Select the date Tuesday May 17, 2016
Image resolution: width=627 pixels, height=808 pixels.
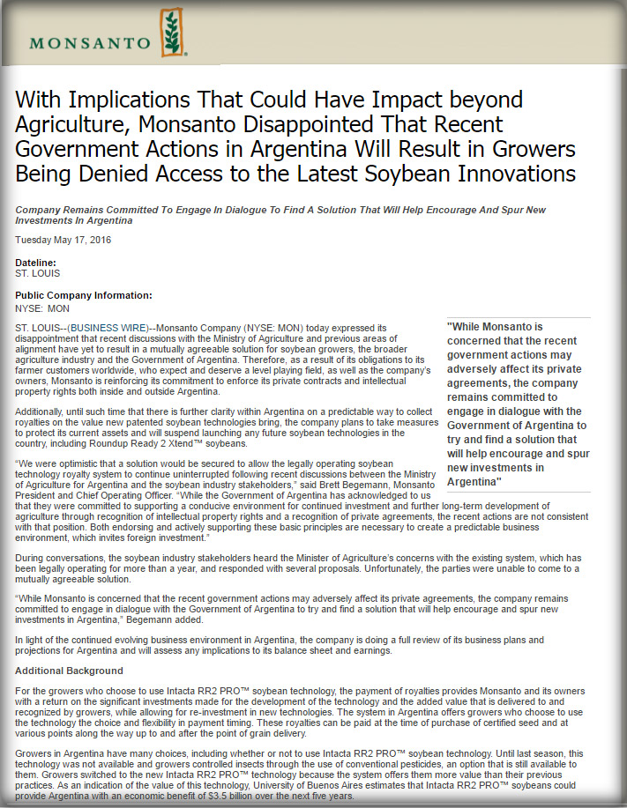coord(63,240)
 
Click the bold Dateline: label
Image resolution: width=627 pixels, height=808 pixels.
coord(36,263)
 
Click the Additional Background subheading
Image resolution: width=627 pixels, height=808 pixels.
coord(69,671)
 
